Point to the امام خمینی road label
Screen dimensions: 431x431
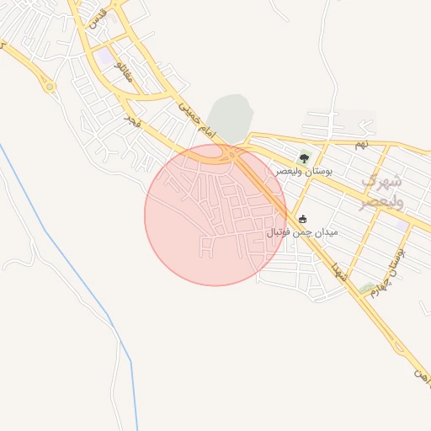tap(198, 121)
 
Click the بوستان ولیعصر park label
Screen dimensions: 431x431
tap(304, 171)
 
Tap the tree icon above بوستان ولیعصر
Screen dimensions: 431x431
tap(304, 157)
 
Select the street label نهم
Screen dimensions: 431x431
tap(361, 145)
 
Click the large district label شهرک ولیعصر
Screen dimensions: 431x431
tap(382, 190)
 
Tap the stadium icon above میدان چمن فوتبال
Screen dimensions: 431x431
tap(303, 219)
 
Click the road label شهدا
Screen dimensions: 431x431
tap(340, 271)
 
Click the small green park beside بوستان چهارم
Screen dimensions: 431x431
tap(366, 289)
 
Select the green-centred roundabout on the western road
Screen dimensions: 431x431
tap(50, 85)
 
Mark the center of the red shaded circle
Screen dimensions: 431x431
tap(215, 215)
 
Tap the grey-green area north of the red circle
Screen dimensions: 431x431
tap(229, 118)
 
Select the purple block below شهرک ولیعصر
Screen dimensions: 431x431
tap(396, 225)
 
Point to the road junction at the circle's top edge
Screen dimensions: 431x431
tap(231, 155)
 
